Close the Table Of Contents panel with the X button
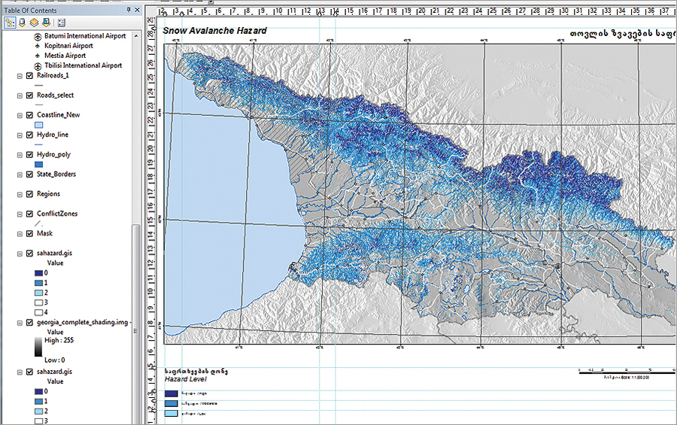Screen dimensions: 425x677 [x=137, y=10]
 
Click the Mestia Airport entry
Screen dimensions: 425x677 [x=65, y=56]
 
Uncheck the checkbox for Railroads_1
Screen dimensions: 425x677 [x=29, y=76]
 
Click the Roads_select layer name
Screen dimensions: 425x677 [x=58, y=96]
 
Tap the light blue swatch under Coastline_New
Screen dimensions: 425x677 [x=40, y=124]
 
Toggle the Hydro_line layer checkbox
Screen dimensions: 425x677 [x=29, y=135]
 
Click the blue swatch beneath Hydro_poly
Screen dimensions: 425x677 [x=40, y=163]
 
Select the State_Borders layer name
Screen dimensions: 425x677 [x=56, y=174]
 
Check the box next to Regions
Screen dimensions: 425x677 [x=29, y=194]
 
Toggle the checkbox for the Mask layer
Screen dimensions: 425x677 [x=29, y=233]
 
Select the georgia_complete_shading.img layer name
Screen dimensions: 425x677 [x=83, y=321]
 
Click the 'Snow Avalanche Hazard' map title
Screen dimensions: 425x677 [x=215, y=31]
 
